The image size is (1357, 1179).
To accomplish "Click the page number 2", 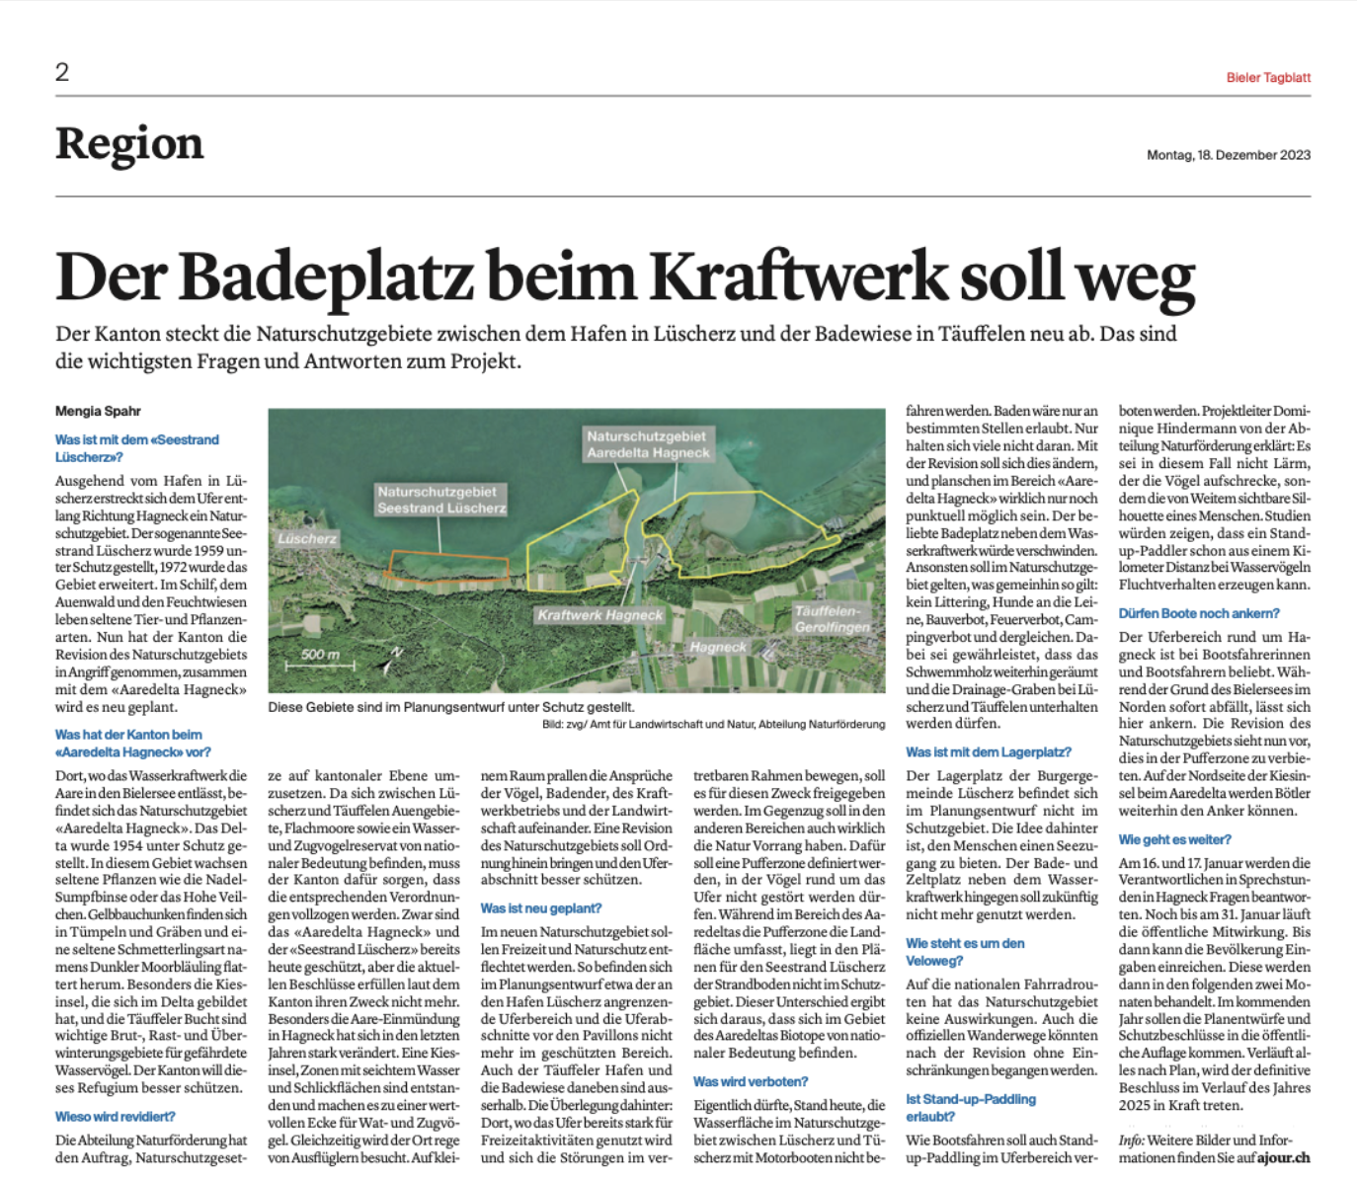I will (x=62, y=71).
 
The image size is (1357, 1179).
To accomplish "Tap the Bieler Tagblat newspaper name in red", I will (x=1268, y=77).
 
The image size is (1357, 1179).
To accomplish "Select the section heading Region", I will (x=129, y=144).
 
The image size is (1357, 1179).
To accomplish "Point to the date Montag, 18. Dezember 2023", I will (x=1228, y=155).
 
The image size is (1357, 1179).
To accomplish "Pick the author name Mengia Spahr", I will (x=98, y=411).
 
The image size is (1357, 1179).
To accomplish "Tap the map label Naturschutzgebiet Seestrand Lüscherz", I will (x=440, y=500).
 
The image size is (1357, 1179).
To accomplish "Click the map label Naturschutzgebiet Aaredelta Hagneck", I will (x=648, y=444).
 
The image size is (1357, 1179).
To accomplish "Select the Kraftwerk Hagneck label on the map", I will (x=599, y=615).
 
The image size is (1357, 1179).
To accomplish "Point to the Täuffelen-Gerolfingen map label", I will (x=833, y=619).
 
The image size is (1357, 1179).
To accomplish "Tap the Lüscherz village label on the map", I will (x=307, y=539).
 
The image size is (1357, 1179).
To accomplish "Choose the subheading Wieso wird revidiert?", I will (x=116, y=1117).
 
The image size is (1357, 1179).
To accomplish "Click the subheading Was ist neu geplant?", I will (x=540, y=908).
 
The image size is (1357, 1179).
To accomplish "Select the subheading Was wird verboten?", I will (x=751, y=1081).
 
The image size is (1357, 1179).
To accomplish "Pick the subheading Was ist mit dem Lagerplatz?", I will (x=989, y=752).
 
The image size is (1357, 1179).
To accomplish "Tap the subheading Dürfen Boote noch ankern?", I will (x=1199, y=613).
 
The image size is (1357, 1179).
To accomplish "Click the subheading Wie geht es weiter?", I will (x=1174, y=839).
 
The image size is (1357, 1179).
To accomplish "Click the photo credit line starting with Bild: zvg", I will (x=713, y=725).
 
